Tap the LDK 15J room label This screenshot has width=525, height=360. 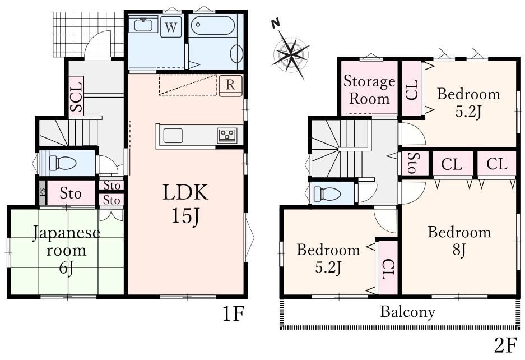pos(185,204)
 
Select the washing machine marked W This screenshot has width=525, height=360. pos(171,27)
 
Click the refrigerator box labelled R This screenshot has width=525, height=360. pos(230,85)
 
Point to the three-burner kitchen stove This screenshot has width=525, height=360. pos(227,135)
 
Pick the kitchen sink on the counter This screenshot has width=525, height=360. pos(173,136)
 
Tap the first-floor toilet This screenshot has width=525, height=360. pos(63,163)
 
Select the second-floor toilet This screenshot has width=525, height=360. pos(327,194)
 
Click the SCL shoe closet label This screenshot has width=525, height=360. pos(76,97)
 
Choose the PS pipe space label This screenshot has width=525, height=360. pos(43,192)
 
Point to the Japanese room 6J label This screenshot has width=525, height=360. pos(67,250)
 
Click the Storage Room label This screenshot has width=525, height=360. pos(369,90)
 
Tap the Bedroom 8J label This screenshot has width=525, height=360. pos(459,241)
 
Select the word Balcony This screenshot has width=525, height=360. pos(407,312)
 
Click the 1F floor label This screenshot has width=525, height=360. pos(234,314)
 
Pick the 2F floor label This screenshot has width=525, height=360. pos(505,345)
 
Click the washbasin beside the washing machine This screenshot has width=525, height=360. pos(143,25)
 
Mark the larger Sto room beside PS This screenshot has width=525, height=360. pos(71,193)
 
